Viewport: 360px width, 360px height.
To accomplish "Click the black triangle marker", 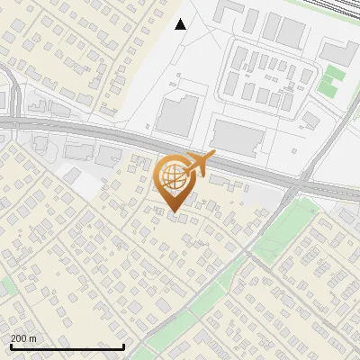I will [x=181, y=23].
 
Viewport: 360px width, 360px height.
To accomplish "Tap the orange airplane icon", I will [x=198, y=163].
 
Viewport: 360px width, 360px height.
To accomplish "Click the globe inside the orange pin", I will [x=173, y=177].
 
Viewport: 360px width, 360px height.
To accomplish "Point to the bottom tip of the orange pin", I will [x=173, y=212].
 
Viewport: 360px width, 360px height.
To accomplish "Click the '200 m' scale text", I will [x=24, y=337].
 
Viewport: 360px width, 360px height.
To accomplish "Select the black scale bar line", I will [x=67, y=346].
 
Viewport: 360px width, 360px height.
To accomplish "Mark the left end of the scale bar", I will [x=10, y=346].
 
